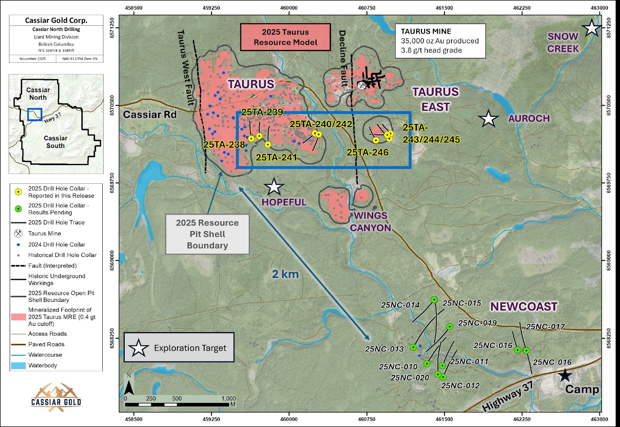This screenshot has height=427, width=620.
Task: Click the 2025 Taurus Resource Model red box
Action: tap(285, 37)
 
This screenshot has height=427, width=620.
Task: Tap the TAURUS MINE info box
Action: tap(440, 41)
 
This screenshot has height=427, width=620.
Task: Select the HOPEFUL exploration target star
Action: tap(274, 187)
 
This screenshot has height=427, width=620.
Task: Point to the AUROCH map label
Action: tap(529, 119)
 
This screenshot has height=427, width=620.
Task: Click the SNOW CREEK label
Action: tap(563, 43)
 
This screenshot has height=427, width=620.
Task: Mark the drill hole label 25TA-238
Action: tap(224, 145)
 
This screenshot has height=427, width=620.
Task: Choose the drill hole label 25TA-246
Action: tap(367, 152)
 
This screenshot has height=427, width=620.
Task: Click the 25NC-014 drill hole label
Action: tap(400, 305)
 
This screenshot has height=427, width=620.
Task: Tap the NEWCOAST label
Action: tap(524, 306)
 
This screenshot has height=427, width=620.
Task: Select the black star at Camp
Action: tap(565, 375)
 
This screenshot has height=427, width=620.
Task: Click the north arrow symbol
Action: tap(129, 384)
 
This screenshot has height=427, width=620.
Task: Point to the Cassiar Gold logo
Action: tap(57, 397)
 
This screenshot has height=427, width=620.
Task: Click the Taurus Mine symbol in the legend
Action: tap(18, 233)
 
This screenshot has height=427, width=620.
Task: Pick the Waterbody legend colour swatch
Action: tap(18, 365)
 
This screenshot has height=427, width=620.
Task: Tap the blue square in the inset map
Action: tap(35, 115)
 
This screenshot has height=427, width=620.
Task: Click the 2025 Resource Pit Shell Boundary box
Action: tap(207, 234)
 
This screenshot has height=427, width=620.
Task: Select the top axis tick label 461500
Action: tap(444, 8)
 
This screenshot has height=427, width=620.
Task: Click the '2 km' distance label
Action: tap(285, 274)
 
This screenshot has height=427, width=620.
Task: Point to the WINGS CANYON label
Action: tap(370, 222)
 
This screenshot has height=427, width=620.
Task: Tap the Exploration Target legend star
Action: tap(138, 348)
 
